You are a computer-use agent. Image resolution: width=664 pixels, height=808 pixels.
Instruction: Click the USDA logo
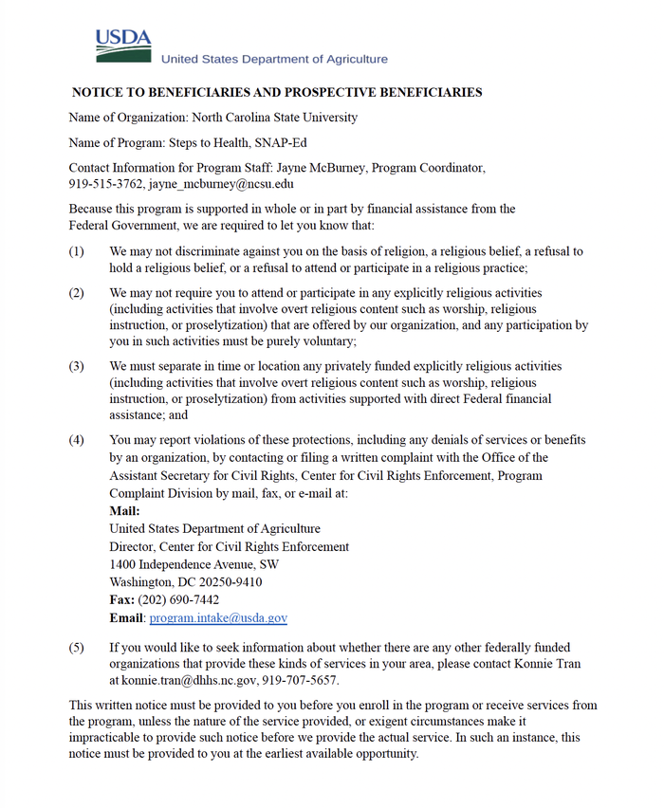(122, 46)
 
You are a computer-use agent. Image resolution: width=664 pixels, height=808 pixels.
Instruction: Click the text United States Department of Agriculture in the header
(274, 59)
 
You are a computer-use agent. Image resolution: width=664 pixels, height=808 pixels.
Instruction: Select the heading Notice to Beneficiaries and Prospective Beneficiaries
(277, 93)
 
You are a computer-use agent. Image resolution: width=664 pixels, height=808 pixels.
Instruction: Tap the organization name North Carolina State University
(275, 118)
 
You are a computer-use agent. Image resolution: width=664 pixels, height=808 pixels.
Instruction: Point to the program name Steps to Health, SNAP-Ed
(248, 143)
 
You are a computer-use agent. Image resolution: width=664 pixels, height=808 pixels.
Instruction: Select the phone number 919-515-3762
(106, 184)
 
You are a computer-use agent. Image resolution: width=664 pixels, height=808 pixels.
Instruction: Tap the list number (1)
(77, 252)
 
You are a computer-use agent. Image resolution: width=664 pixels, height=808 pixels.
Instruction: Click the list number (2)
(77, 293)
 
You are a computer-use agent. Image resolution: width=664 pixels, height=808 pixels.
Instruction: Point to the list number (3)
(77, 366)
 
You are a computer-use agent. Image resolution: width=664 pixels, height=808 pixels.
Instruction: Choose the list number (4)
(77, 440)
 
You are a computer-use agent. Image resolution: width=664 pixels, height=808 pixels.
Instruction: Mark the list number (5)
(77, 648)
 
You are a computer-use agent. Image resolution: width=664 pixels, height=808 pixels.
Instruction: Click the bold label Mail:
(124, 511)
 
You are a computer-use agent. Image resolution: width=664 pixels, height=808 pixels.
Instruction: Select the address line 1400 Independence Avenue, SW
(194, 564)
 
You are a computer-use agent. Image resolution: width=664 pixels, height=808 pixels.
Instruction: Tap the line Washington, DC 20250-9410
(186, 582)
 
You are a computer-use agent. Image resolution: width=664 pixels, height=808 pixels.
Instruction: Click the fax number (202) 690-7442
(178, 600)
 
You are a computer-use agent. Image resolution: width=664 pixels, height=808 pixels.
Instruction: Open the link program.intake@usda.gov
(218, 618)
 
